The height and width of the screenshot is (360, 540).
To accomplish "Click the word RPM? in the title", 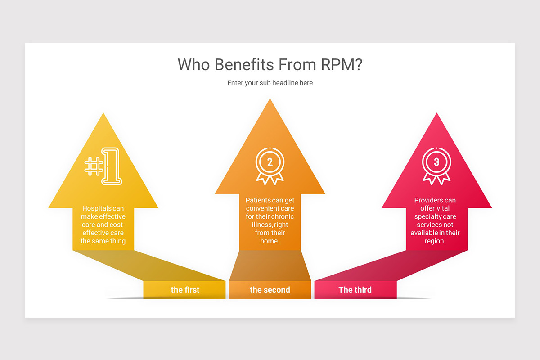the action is pyautogui.click(x=342, y=65).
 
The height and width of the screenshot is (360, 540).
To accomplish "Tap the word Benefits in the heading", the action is pyautogui.click(x=244, y=65).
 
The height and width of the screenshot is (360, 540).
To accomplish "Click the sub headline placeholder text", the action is pyautogui.click(x=270, y=83).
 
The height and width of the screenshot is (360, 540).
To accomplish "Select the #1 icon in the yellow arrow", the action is pyautogui.click(x=103, y=166).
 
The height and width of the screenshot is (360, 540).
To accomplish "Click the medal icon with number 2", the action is pyautogui.click(x=270, y=166).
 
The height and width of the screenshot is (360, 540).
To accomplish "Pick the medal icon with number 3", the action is pyautogui.click(x=436, y=166).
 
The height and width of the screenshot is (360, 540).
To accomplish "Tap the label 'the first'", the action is pyautogui.click(x=185, y=290).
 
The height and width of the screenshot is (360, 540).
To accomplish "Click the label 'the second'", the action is pyautogui.click(x=270, y=290).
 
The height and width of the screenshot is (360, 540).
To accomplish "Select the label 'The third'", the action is pyautogui.click(x=355, y=290).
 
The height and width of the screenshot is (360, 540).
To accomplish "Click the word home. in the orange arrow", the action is pyautogui.click(x=270, y=241).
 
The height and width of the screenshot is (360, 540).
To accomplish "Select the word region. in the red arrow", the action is pyautogui.click(x=435, y=241).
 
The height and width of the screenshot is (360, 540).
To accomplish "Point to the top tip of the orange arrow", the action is pyautogui.click(x=270, y=99).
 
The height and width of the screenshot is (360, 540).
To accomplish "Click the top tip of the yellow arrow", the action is pyautogui.click(x=103, y=113).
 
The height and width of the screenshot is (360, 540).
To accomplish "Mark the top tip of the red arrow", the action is pyautogui.click(x=436, y=113).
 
